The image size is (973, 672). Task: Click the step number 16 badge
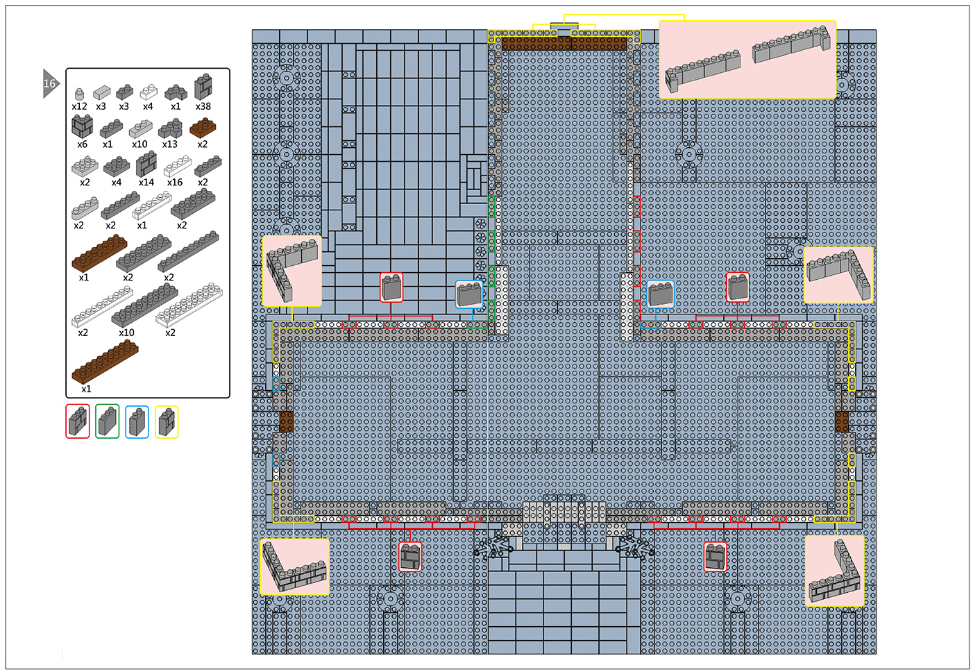pyautogui.click(x=50, y=83)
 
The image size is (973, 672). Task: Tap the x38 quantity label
pyautogui.click(x=203, y=106)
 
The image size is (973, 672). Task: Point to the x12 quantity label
pyautogui.click(x=79, y=106)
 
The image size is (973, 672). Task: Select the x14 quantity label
pyautogui.click(x=146, y=183)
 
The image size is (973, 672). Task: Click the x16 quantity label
pyautogui.click(x=175, y=183)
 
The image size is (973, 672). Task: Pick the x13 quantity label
pyautogui.click(x=169, y=144)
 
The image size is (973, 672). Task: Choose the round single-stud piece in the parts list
pyautogui.click(x=79, y=94)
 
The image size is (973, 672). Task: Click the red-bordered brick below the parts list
pyautogui.click(x=78, y=421)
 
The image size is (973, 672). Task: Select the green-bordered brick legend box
pyautogui.click(x=108, y=421)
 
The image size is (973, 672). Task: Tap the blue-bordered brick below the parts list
pyautogui.click(x=137, y=421)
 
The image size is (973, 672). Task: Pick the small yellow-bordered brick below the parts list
pyautogui.click(x=167, y=422)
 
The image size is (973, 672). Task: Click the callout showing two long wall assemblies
pyautogui.click(x=747, y=60)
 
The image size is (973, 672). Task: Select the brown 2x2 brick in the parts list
pyautogui.click(x=203, y=127)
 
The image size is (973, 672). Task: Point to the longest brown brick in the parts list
pyautogui.click(x=105, y=362)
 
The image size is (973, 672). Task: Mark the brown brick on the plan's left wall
pyautogui.click(x=286, y=422)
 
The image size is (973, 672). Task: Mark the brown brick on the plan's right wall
pyautogui.click(x=842, y=422)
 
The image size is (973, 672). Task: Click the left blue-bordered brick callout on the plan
pyautogui.click(x=470, y=294)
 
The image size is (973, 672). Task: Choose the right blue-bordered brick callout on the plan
pyautogui.click(x=660, y=294)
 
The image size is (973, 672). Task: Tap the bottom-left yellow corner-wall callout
pyautogui.click(x=294, y=567)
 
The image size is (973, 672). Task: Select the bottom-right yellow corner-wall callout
pyautogui.click(x=834, y=571)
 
